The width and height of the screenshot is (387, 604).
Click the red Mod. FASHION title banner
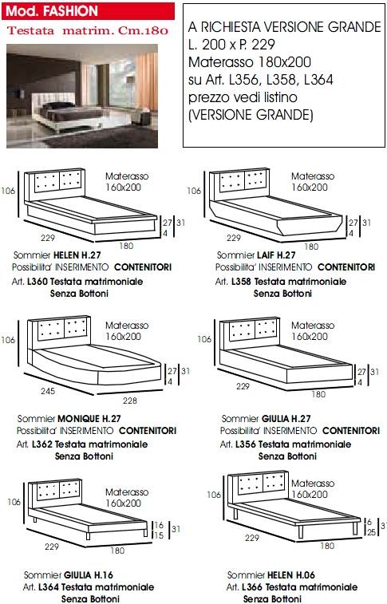tap(88, 11)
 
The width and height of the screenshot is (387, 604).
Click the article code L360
tap(38, 282)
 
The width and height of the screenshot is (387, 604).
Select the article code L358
tap(242, 282)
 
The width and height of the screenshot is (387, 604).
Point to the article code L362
tap(42, 444)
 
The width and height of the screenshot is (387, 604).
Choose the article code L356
tap(245, 444)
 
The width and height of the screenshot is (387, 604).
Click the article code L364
tap(49, 587)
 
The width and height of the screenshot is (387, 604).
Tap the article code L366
tap(252, 587)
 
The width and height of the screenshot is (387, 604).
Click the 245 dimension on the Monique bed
tap(48, 391)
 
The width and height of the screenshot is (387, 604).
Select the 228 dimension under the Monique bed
tap(130, 401)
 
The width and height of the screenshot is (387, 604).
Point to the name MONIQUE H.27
tap(89, 419)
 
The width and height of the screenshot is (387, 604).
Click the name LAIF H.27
tap(276, 255)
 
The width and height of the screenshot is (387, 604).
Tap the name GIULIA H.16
tap(89, 575)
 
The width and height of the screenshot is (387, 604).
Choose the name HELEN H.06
tap(291, 575)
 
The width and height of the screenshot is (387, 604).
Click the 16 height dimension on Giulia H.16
tap(159, 525)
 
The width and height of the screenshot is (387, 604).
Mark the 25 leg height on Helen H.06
tap(372, 532)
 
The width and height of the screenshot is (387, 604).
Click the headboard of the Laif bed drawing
tap(239, 184)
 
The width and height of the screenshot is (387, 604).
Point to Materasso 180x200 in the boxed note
tap(250, 62)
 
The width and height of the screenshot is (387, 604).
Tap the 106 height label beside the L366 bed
tap(214, 495)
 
